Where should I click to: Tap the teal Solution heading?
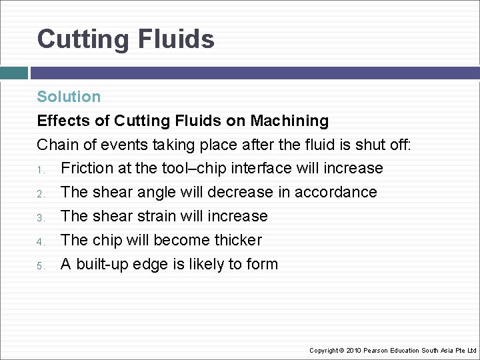click(69, 97)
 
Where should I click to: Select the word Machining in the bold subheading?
click(289, 121)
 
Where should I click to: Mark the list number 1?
click(40, 169)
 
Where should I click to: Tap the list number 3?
click(40, 217)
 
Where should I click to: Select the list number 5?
click(40, 265)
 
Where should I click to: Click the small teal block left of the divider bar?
click(13, 73)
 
